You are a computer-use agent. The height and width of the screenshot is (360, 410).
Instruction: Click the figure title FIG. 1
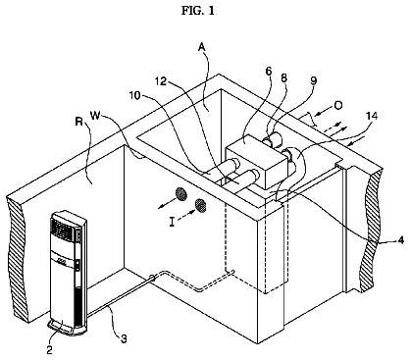pos(198,11)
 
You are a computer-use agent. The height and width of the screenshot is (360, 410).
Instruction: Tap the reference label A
pos(202,47)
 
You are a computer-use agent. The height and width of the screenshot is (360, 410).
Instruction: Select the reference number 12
pos(161,81)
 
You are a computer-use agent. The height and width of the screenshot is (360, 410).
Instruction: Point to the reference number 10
pos(134,95)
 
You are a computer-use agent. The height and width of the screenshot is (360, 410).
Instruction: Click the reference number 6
pos(269,71)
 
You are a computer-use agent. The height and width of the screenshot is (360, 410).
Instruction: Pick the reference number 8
pos(284,77)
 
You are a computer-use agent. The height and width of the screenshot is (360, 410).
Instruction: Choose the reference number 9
pos(314,80)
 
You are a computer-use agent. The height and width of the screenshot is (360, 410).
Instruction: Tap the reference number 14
pos(372,116)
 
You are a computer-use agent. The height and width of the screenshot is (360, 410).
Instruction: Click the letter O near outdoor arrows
pos(338,105)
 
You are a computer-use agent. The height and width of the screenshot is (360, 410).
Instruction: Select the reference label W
pos(95,116)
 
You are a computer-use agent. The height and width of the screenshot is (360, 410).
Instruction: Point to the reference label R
pos(78,122)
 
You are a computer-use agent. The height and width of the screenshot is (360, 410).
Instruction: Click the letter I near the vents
pos(172,223)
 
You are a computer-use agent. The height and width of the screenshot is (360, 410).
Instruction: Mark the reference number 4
pos(401,240)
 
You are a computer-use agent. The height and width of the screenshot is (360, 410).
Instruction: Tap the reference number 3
pos(124,339)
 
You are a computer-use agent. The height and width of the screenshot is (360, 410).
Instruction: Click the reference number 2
pos(49,350)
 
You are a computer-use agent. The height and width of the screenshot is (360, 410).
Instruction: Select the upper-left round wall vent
pos(181,194)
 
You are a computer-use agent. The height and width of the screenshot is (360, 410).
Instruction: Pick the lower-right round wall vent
pos(200,205)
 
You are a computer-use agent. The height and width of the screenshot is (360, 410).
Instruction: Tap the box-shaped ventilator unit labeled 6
pos(257,160)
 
